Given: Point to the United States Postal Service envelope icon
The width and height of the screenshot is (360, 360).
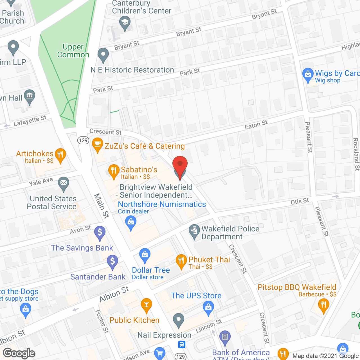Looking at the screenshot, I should click(x=64, y=183).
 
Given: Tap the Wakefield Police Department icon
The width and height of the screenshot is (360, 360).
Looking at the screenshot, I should click(x=194, y=231).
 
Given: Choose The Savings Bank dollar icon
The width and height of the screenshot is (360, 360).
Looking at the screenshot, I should click(x=100, y=233).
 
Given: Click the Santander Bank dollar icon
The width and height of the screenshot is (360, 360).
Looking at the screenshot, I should click(x=112, y=262).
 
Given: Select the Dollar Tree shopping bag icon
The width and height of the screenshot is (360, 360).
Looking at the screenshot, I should click(x=145, y=255).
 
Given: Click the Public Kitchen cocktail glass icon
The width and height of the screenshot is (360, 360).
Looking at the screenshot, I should click(x=146, y=305).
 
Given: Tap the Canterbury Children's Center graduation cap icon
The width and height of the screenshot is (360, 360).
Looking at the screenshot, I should click(x=125, y=22).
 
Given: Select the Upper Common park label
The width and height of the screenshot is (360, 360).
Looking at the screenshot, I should click(x=73, y=51).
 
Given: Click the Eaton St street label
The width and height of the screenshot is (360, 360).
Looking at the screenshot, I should click(x=256, y=125).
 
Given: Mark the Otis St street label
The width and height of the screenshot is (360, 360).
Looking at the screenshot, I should click(x=300, y=201).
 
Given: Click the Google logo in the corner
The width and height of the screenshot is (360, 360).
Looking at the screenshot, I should click(x=19, y=353).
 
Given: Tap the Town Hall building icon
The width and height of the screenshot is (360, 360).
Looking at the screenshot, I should click(x=30, y=96).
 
